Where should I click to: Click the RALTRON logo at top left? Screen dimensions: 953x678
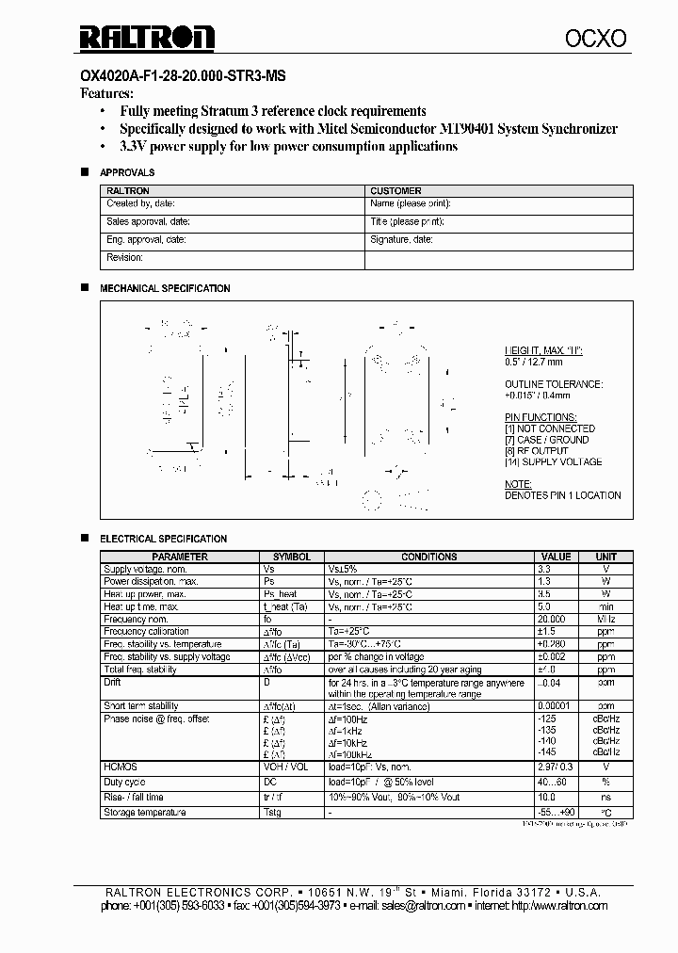click(x=146, y=37)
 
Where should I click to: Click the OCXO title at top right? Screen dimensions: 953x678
click(x=595, y=38)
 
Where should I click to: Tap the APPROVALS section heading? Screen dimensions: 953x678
click(x=127, y=173)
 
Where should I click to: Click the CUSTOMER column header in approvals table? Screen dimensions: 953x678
click(x=395, y=190)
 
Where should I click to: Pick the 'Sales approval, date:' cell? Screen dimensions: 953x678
click(x=149, y=221)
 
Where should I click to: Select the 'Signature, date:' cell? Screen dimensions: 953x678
click(x=401, y=240)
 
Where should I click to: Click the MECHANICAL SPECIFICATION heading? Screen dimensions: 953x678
click(x=165, y=288)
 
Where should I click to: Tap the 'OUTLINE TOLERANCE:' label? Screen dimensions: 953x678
click(x=554, y=384)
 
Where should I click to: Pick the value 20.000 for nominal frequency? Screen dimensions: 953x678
click(x=552, y=619)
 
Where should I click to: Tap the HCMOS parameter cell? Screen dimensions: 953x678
click(x=120, y=767)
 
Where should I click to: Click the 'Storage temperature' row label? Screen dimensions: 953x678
click(x=145, y=813)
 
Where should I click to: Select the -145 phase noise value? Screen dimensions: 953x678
click(x=547, y=751)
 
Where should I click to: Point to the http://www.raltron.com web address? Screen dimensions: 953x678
click(x=559, y=906)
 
